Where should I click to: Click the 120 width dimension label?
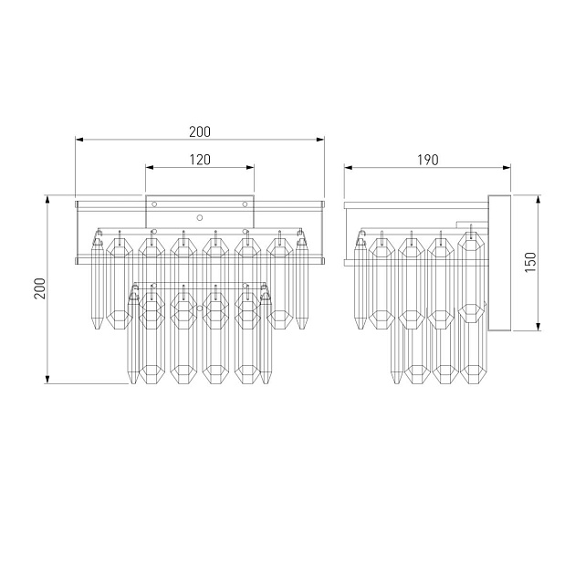pyautogui.click(x=200, y=160)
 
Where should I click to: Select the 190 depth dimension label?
pyautogui.click(x=427, y=160)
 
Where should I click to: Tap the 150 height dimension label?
pyautogui.click(x=530, y=262)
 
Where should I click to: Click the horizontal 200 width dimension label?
pyautogui.click(x=200, y=131)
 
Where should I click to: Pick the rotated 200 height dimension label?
pyautogui.click(x=40, y=288)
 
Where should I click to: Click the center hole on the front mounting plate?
pyautogui.click(x=200, y=218)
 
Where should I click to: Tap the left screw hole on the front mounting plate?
pyautogui.click(x=154, y=204)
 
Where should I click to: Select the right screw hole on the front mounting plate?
pyautogui.click(x=245, y=204)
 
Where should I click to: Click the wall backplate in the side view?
pyautogui.click(x=499, y=263)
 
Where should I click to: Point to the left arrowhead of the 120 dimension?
pyautogui.click(x=150, y=168)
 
